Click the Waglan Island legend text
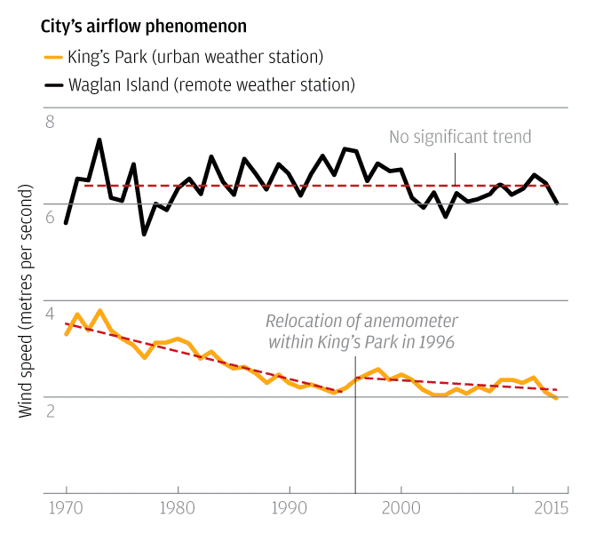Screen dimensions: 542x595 tap(212, 85)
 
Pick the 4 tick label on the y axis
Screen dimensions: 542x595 tap(50, 314)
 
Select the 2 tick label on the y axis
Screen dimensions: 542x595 tap(50, 410)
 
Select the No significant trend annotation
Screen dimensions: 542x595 tap(460, 137)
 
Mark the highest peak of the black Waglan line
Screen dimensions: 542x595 tap(99, 139)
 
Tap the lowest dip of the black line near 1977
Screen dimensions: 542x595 tap(144, 234)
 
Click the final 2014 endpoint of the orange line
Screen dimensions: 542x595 tap(557, 398)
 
